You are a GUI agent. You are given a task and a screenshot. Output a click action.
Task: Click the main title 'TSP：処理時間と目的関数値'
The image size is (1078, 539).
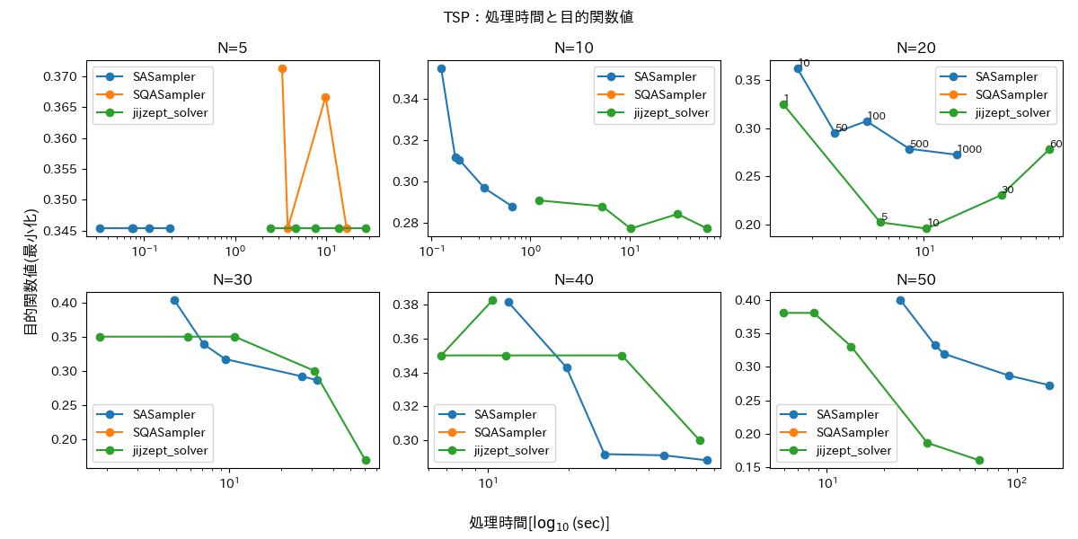538,17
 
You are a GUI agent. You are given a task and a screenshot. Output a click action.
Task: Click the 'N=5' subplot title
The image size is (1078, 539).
233,49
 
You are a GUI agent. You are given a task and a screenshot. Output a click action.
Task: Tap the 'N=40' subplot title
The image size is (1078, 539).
574,279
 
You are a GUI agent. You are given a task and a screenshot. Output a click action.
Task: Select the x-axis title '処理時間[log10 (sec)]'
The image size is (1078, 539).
539,523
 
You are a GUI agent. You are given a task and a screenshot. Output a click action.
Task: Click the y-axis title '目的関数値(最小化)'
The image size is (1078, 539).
30,271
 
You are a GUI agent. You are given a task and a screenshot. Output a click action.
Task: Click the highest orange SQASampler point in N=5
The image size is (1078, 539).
282,68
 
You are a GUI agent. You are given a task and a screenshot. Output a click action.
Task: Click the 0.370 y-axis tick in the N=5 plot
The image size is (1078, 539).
64,76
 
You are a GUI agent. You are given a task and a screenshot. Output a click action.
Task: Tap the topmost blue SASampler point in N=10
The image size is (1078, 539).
441,68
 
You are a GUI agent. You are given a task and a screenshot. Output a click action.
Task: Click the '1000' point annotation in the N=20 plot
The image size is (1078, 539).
969,149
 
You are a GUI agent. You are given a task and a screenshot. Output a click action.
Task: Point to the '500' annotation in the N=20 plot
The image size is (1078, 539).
919,144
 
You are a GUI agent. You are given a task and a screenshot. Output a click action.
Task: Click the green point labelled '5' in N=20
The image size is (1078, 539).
880,222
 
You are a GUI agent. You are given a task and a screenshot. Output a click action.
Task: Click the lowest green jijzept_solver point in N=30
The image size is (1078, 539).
366,460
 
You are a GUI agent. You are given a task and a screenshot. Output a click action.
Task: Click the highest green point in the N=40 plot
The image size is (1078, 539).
492,300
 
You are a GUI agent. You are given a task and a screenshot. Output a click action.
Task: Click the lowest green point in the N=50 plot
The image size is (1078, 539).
979,460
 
